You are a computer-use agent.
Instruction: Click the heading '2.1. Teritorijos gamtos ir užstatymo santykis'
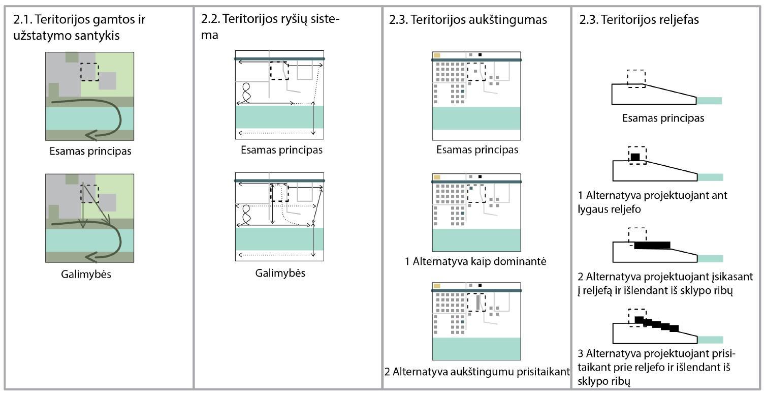[79, 28]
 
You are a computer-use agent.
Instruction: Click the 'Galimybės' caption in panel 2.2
[280, 273]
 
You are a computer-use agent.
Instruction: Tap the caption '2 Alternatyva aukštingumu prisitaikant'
[477, 371]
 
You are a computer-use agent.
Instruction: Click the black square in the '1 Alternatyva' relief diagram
[635, 157]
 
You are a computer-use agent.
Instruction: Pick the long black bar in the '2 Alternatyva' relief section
[652, 246]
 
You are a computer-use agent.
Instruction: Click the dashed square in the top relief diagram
[636, 78]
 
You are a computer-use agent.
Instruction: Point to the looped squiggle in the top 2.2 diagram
[247, 93]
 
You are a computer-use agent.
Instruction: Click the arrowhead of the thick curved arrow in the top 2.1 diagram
[91, 135]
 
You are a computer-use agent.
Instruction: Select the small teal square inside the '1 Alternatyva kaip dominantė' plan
[471, 189]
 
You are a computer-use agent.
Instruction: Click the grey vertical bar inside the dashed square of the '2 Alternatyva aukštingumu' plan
[477, 303]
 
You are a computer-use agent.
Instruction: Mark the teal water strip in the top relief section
[709, 100]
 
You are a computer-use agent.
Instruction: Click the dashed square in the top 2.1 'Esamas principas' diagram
[89, 72]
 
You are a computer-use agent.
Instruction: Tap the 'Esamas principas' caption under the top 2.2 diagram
[281, 150]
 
